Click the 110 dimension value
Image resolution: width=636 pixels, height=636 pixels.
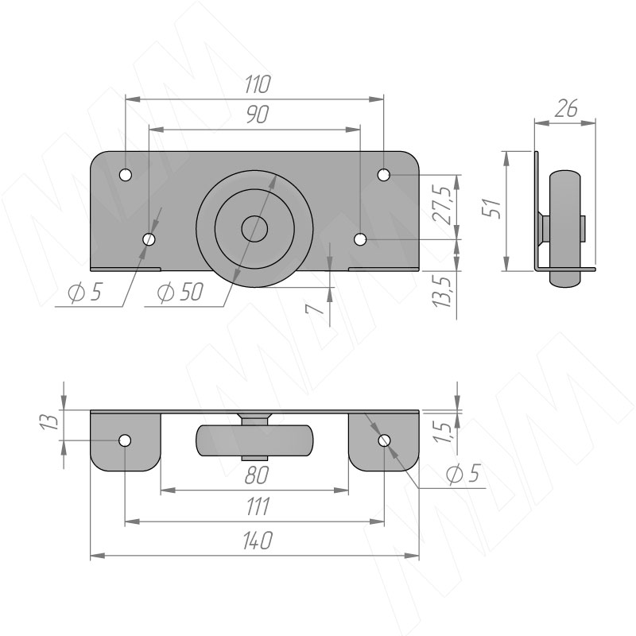pos(257,84)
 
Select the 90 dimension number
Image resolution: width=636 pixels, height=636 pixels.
pos(257,114)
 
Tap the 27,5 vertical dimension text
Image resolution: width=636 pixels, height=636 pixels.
pos(442,206)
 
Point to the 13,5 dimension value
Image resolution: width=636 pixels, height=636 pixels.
pos(442,292)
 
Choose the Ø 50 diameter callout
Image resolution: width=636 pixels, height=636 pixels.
pos(180,292)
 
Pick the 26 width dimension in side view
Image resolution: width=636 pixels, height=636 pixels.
pos(565,108)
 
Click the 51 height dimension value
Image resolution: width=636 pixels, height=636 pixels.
pos(492,209)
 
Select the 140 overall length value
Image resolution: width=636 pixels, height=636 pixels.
pos(258,541)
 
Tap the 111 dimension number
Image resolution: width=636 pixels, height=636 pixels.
pos(258,506)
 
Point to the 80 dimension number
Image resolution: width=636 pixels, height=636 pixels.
pos(257,475)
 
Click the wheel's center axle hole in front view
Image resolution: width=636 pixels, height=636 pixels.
pos(254,229)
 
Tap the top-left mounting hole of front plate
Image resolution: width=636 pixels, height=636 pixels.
pos(126,175)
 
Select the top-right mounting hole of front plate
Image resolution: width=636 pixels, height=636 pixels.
pos(383,175)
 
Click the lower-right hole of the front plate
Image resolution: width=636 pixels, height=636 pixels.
pos(360,239)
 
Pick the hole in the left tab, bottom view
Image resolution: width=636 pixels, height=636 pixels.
pos(125,440)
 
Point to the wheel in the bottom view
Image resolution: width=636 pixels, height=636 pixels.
pos(254,440)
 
